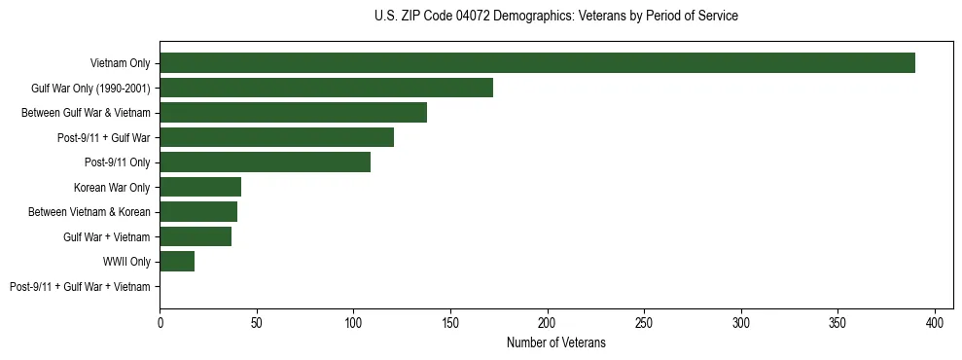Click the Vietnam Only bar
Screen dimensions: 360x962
coord(537,63)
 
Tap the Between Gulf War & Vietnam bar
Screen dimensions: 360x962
coord(293,113)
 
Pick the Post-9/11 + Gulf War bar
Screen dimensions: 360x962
coord(276,137)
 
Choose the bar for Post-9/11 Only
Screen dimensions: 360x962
coord(265,162)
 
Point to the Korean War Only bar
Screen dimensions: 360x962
coord(200,187)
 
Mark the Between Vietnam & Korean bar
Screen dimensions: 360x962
coord(198,212)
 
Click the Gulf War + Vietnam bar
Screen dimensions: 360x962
coord(196,236)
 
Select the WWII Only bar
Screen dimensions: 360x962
coord(177,262)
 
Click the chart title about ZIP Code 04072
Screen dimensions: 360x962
coord(555,17)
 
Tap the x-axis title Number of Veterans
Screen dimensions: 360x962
coord(555,342)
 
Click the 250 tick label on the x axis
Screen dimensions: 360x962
coord(645,321)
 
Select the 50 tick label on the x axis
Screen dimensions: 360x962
coord(257,321)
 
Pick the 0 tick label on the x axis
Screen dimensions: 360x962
coord(160,321)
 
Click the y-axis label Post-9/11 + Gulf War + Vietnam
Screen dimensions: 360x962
coord(80,287)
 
